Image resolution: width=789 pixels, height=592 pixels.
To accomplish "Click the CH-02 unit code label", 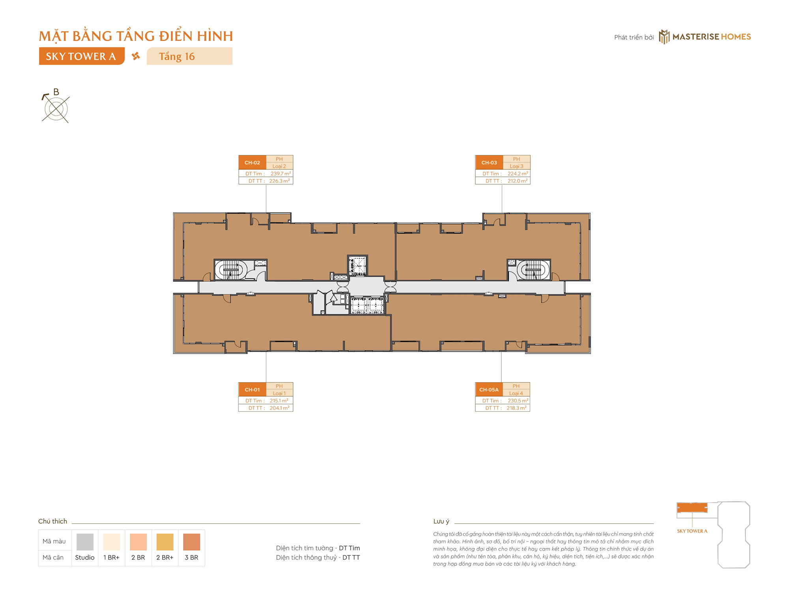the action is tap(252, 163).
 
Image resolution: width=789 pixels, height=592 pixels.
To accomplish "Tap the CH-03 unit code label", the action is tap(489, 163).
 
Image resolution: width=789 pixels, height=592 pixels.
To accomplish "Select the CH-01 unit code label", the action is tap(252, 390).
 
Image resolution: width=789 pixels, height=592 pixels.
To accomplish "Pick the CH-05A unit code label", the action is tap(489, 390).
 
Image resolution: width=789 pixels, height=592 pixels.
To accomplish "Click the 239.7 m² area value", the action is tap(280, 174).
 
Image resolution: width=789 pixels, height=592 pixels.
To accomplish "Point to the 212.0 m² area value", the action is tap(518, 181).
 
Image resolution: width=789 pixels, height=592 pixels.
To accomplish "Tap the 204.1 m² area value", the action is tap(279, 408).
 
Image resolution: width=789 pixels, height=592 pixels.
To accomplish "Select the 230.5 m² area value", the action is tap(518, 401).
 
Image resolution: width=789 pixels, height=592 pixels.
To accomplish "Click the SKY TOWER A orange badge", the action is tap(82, 56).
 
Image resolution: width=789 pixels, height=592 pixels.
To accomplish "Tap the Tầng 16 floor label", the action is tap(177, 56).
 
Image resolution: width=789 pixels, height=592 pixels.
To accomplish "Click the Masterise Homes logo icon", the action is tap(664, 37).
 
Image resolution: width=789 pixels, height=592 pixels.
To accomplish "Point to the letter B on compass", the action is tap(56, 92).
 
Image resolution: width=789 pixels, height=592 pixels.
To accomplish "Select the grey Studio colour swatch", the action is tap(85, 542).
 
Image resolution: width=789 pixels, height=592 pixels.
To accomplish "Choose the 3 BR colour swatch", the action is tap(192, 542).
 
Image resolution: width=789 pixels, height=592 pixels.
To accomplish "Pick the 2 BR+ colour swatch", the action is tap(165, 542).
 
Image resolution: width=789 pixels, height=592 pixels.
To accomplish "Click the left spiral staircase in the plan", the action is tap(231, 270).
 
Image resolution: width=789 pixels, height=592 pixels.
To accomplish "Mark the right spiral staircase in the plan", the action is tap(533, 270).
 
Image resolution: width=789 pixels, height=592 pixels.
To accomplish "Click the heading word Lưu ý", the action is tap(441, 521).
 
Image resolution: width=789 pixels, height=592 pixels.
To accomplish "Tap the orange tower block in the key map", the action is tap(692, 508).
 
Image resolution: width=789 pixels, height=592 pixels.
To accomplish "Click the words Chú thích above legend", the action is tap(52, 521).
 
